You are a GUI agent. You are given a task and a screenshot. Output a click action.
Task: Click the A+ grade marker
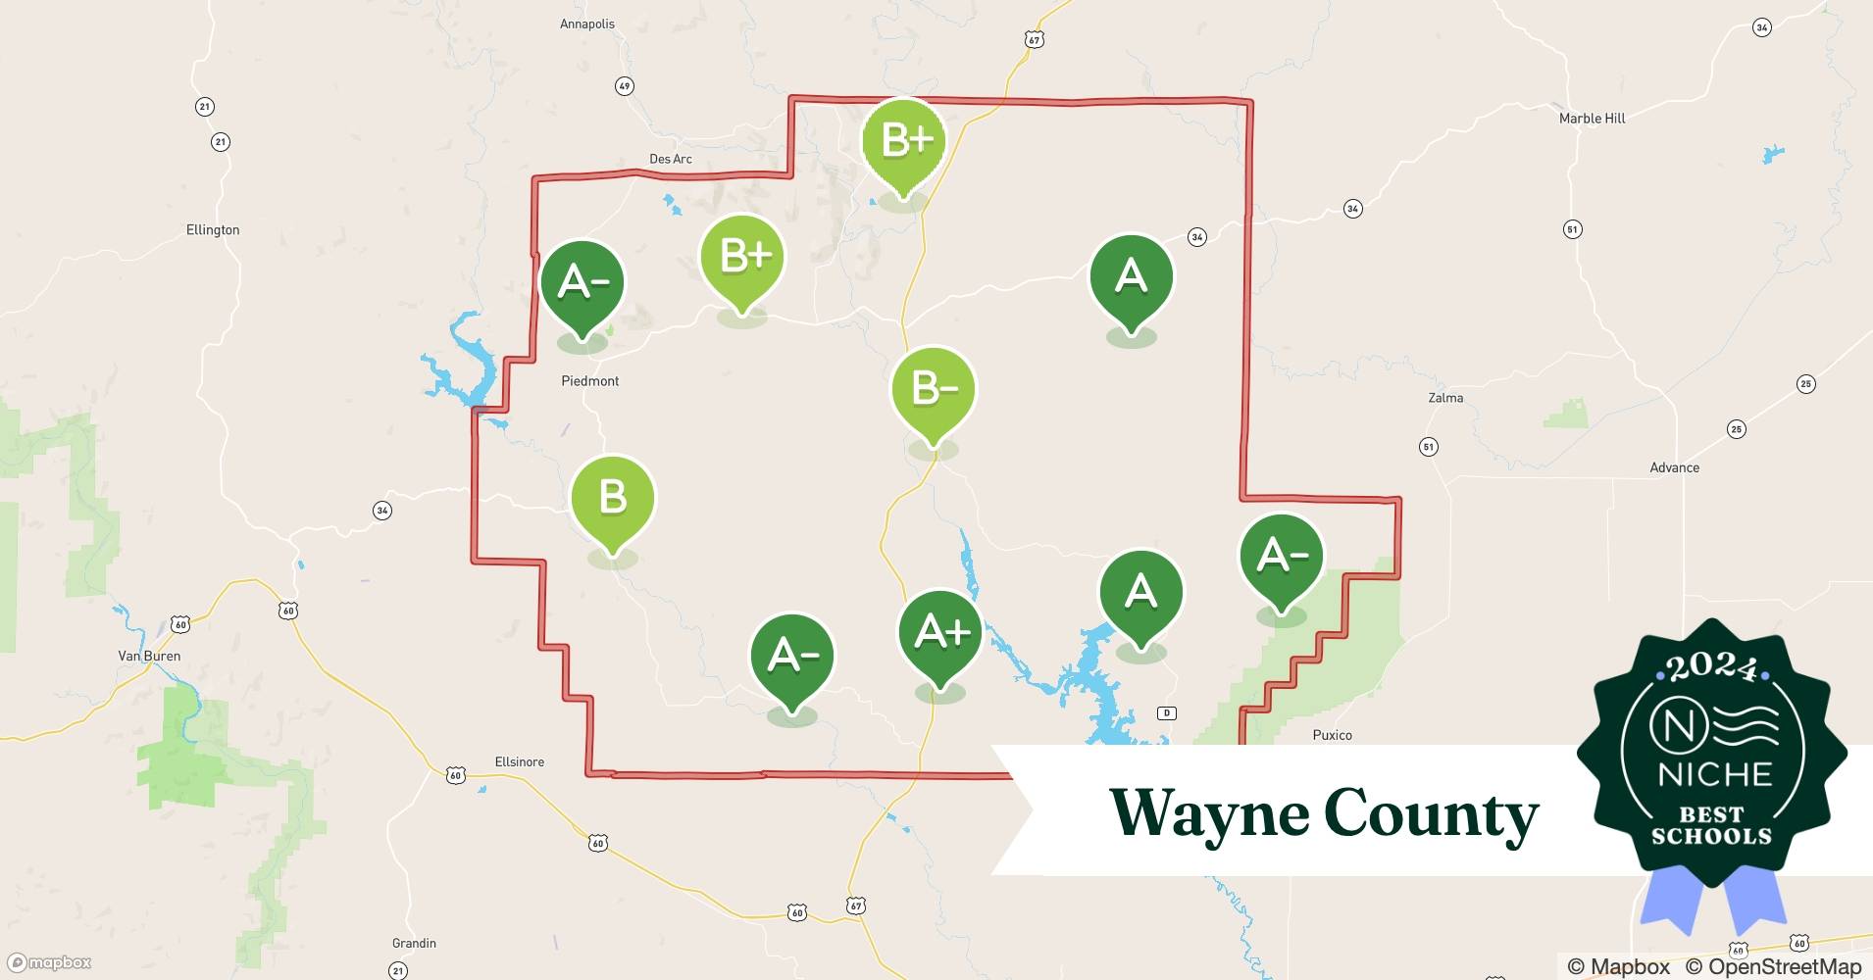point(940,633)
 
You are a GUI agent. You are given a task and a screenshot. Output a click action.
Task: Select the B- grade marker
point(934,390)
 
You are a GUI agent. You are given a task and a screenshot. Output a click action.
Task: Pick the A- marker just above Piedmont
point(582,283)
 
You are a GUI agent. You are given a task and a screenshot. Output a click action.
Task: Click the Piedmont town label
point(590,381)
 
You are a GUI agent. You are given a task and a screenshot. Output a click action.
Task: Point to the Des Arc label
point(671,159)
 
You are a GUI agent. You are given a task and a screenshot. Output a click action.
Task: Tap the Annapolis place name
point(587,24)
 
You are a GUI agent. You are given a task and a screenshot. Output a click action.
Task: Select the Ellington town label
point(213,230)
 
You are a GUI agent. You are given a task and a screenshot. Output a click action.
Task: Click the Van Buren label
point(149,656)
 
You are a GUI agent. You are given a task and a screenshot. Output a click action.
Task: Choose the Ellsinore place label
point(520,761)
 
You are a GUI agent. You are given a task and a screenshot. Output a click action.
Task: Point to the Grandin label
point(414,943)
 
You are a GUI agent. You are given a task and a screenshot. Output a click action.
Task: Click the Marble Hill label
point(1593,119)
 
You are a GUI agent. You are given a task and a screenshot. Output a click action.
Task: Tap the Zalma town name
point(1445,398)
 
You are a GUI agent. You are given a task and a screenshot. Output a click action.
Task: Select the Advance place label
point(1674,467)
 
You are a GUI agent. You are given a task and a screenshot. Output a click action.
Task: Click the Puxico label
point(1332,735)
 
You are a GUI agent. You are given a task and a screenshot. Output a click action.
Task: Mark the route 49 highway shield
point(625,86)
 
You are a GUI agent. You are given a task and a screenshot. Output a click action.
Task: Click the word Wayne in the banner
point(1208,813)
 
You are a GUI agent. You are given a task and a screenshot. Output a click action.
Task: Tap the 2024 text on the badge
point(1712,666)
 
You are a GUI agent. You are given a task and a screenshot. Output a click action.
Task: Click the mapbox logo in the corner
point(49,962)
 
